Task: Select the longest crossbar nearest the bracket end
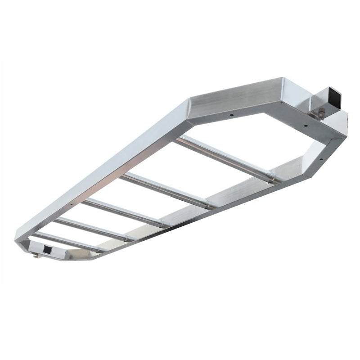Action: (x=225, y=158)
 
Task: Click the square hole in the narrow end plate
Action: (x=46, y=249)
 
